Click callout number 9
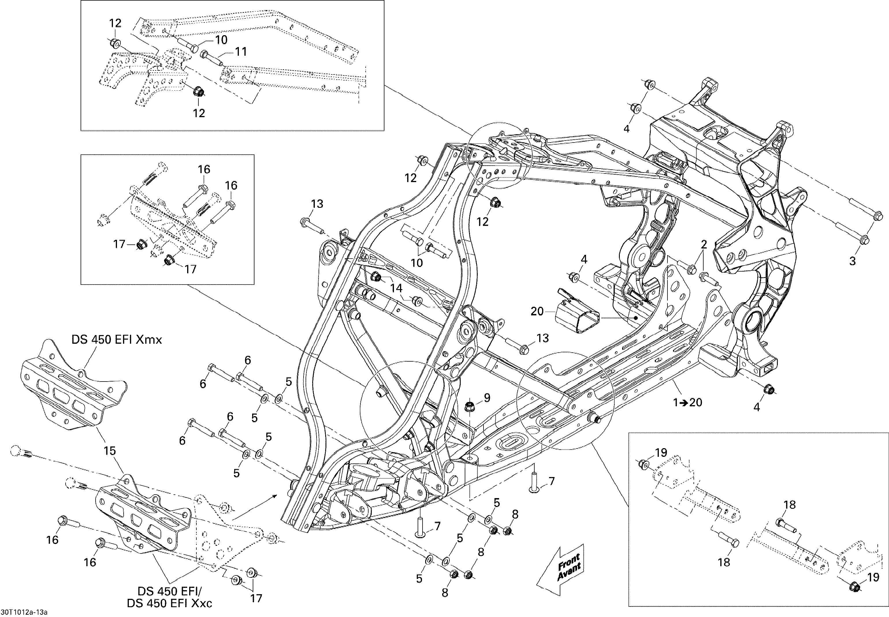(x=487, y=397)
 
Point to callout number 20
(x=537, y=311)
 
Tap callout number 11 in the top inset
(x=241, y=51)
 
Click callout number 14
(x=396, y=288)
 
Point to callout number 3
(x=853, y=261)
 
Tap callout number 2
(x=704, y=244)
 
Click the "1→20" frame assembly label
(x=687, y=403)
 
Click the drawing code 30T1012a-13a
(x=24, y=612)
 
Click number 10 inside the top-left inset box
(x=221, y=40)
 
